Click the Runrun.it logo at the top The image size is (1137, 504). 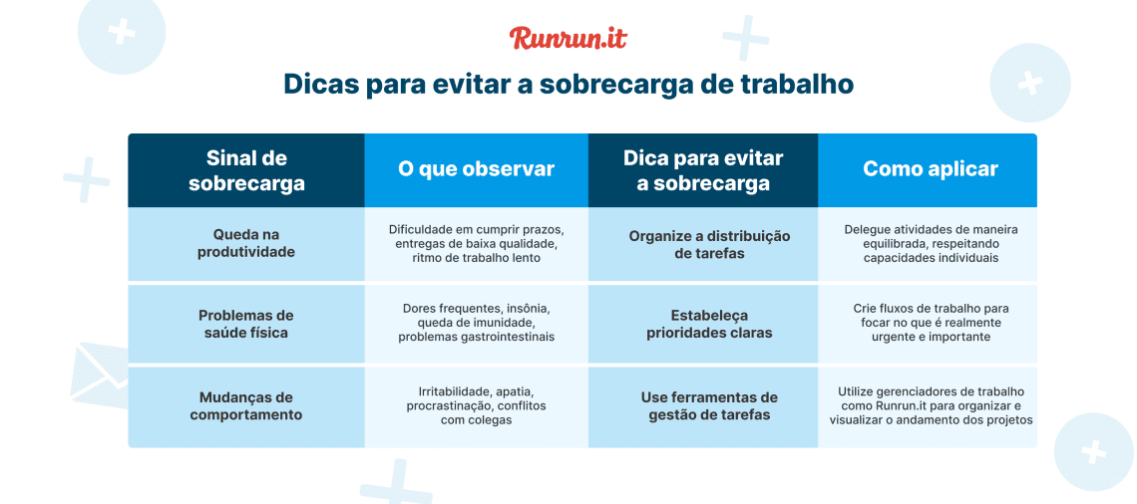(568, 38)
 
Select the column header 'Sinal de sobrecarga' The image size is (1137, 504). (246, 170)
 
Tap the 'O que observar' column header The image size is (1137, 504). (476, 169)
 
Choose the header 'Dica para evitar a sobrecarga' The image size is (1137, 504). (703, 170)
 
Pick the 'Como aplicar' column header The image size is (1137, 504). (930, 169)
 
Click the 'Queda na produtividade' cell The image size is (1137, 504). (246, 243)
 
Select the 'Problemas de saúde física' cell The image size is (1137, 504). (246, 324)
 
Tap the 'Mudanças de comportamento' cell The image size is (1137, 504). (246, 405)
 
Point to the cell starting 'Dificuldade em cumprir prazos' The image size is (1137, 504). (476, 243)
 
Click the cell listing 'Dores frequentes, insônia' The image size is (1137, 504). (476, 323)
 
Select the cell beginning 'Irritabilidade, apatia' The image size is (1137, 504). (476, 405)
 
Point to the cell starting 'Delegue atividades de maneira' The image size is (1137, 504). (930, 243)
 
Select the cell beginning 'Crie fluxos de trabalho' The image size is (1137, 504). (930, 323)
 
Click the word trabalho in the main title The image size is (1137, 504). (797, 84)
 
